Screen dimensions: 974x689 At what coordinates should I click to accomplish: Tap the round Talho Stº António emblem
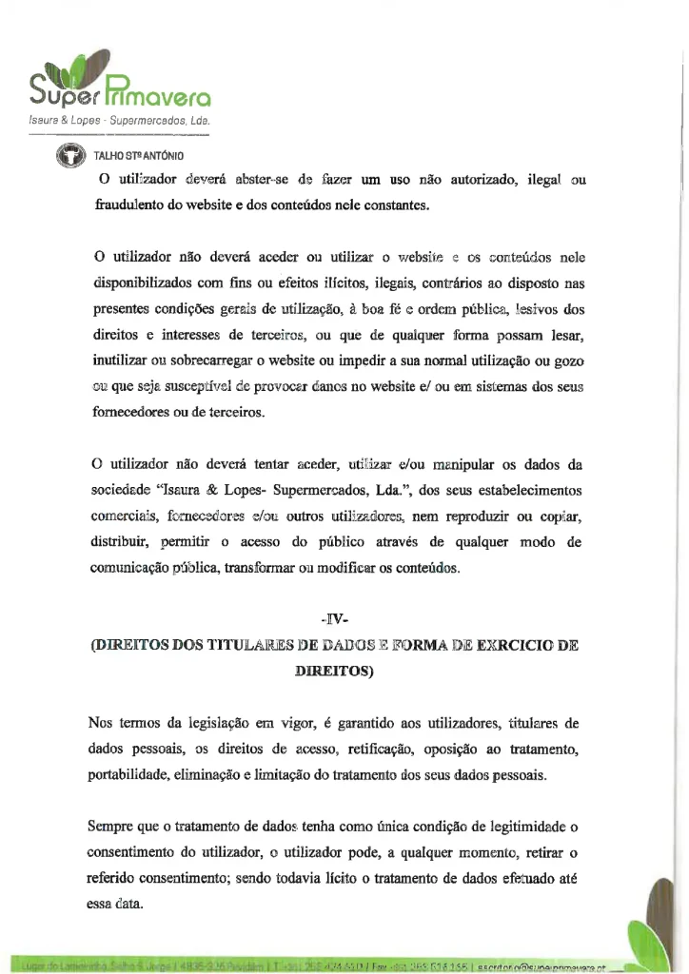(x=69, y=154)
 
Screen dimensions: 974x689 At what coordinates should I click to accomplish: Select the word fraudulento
(x=134, y=204)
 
